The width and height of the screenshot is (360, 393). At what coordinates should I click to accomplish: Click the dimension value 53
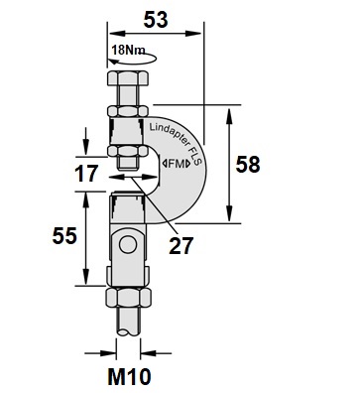[156, 20]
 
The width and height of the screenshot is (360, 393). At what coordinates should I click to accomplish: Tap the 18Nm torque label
[128, 50]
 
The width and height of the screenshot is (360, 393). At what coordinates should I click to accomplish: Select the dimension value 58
[248, 165]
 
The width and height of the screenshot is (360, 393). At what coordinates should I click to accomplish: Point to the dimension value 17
[86, 174]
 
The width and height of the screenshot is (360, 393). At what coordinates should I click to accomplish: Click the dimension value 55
[64, 236]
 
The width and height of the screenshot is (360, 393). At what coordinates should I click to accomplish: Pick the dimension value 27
[180, 246]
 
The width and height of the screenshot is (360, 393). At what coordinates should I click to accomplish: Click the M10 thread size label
[129, 376]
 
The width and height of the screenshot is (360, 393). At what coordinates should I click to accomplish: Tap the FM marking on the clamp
[177, 164]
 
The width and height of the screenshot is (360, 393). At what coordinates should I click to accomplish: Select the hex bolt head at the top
[127, 78]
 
